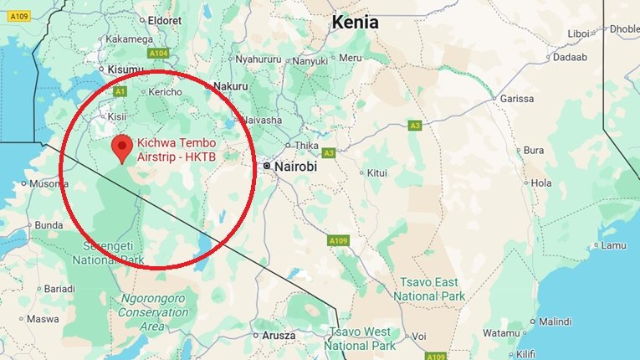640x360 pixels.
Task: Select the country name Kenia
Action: point(356,23)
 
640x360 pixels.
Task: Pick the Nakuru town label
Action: point(232,86)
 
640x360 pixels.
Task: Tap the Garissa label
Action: point(516,99)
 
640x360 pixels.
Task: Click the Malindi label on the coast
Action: point(555,321)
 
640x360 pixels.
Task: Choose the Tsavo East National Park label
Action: point(429,290)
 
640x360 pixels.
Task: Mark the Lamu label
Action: point(613,245)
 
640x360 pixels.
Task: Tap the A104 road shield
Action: point(158,54)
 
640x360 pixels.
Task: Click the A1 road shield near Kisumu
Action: point(120,90)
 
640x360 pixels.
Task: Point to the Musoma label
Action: point(48,183)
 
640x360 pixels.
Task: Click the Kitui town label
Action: point(376,173)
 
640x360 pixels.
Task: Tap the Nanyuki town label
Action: point(310,61)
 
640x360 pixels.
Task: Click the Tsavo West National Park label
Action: point(360,338)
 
